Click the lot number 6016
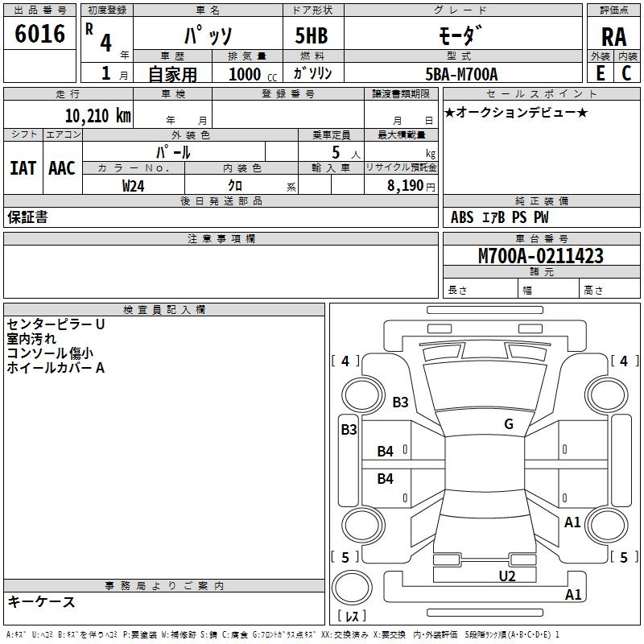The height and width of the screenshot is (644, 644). tap(39, 33)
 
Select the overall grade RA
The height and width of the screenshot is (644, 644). tap(613, 37)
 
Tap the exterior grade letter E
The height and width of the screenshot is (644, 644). tap(601, 73)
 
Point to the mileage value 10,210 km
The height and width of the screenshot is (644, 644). tap(97, 115)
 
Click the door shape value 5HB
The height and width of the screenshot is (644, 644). tap(312, 35)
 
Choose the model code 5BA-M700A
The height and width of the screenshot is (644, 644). tap(461, 74)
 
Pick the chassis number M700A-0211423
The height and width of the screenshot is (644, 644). tap(540, 255)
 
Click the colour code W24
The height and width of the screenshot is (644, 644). tap(133, 186)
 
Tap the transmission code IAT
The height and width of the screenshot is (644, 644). tap(23, 168)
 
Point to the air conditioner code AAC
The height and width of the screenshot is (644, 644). tap(62, 168)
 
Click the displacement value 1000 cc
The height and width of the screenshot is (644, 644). tap(253, 74)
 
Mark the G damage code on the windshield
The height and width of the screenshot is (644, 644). tap(509, 423)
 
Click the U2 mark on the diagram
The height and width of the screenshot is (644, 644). tap(507, 576)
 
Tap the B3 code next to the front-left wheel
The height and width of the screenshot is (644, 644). tap(400, 402)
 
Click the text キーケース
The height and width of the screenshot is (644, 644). tap(41, 601)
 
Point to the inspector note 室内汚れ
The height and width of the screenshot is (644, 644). tap(31, 339)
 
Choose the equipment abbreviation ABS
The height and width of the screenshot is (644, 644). tap(462, 217)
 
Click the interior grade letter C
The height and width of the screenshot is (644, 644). tap(626, 73)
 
